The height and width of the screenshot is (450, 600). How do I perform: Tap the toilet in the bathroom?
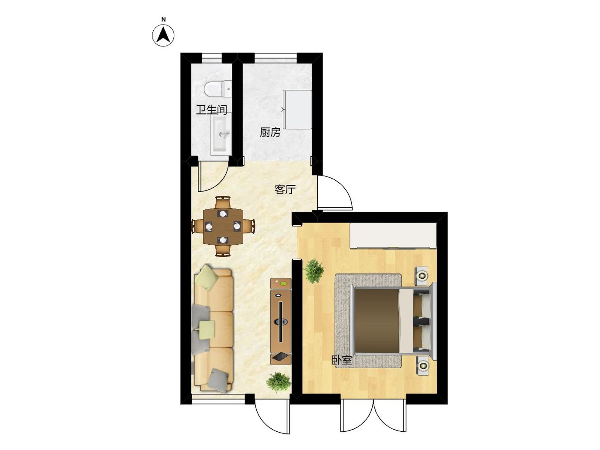point(217,88)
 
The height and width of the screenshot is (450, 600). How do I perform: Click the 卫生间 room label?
point(211,110)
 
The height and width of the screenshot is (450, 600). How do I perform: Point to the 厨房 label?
point(270,132)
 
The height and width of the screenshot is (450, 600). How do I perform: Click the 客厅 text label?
point(285,189)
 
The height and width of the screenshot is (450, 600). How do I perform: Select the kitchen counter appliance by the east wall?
point(297,109)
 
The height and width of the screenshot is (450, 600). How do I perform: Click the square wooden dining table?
point(223,226)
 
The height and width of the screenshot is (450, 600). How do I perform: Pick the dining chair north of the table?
point(223,202)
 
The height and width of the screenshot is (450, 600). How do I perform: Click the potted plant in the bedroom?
point(314,271)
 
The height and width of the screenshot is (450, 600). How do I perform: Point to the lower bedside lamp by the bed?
point(422,365)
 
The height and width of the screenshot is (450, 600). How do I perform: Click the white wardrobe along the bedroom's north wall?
point(393,236)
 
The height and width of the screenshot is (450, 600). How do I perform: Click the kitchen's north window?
point(276,58)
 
